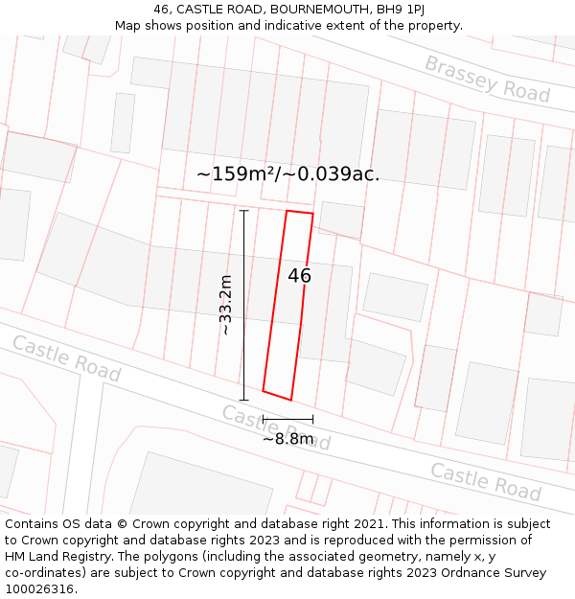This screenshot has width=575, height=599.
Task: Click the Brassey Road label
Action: (x=487, y=79)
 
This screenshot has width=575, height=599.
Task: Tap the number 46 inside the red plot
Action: (x=299, y=276)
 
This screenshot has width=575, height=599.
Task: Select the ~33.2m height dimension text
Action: (x=226, y=305)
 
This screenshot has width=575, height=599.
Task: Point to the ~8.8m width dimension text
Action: (x=288, y=439)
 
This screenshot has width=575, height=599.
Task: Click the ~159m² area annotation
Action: (x=287, y=174)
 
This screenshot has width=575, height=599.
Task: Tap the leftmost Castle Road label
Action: (x=66, y=358)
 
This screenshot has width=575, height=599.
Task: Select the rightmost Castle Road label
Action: (x=485, y=481)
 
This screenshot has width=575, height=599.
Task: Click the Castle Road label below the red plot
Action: (x=276, y=427)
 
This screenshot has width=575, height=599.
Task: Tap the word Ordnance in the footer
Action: (x=451, y=573)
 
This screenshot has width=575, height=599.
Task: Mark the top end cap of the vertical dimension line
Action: (x=244, y=211)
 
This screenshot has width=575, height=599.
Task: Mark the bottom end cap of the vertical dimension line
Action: (x=244, y=400)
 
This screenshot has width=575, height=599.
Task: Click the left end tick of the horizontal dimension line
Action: (x=263, y=419)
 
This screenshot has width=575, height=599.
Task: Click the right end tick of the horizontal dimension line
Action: (x=312, y=419)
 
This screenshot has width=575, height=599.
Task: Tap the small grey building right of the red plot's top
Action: (x=341, y=219)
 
